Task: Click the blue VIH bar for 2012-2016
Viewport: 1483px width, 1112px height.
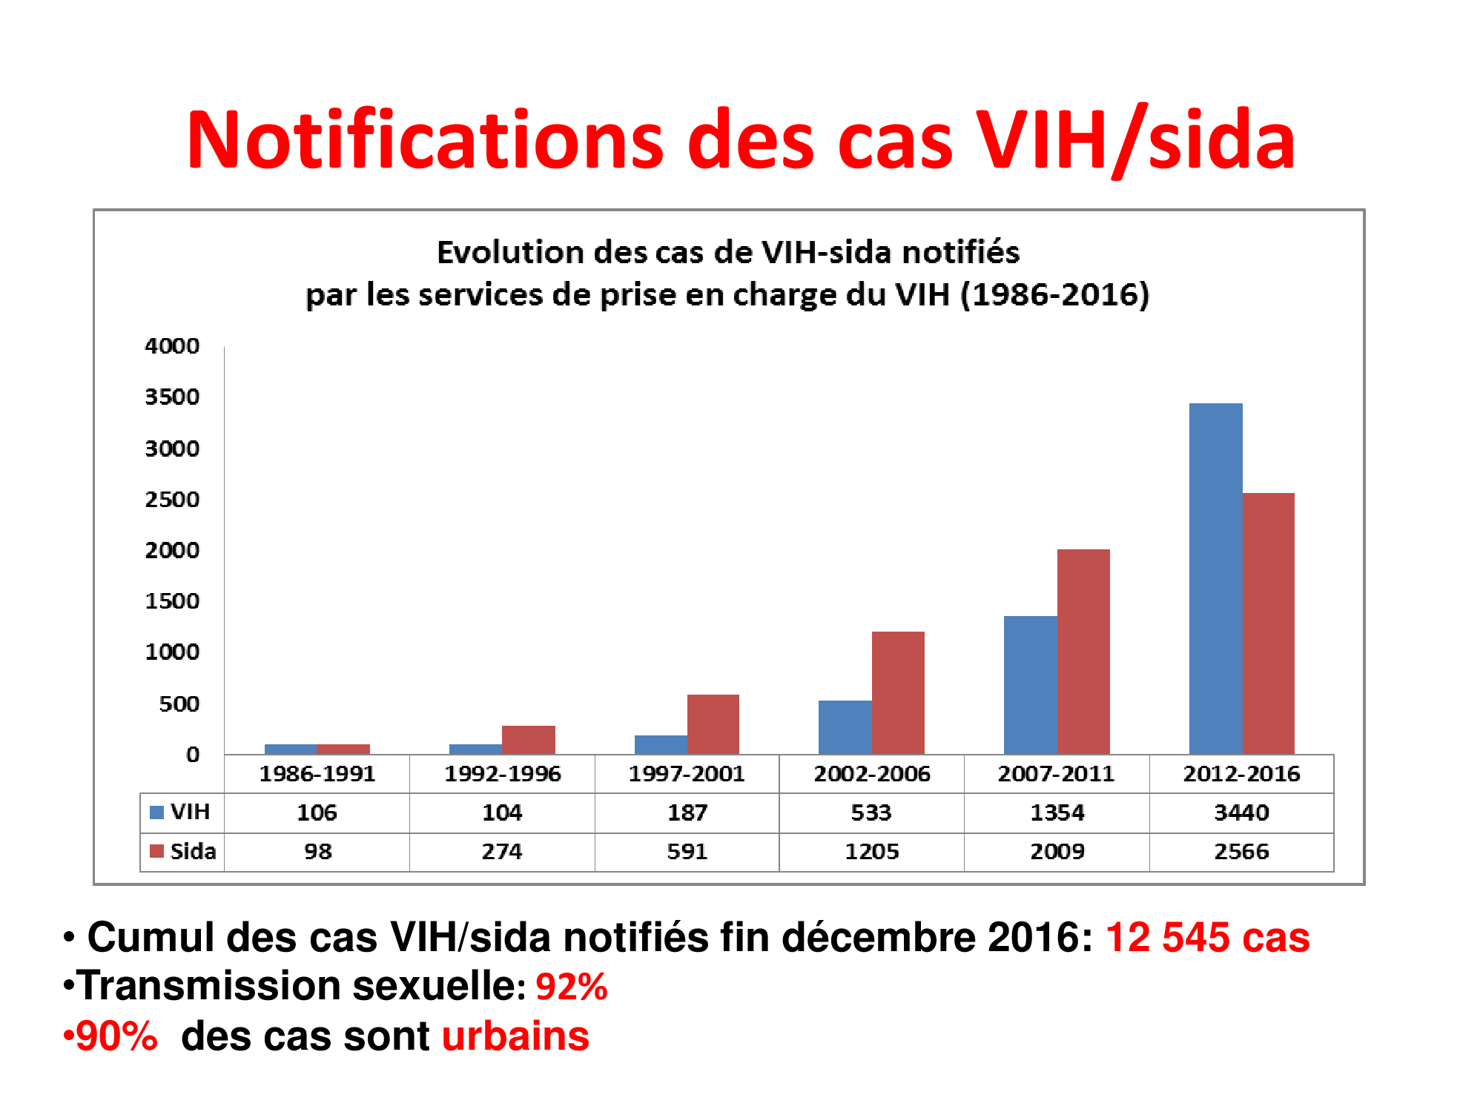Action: [x=1215, y=578]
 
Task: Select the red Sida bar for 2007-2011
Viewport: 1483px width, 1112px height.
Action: [x=1083, y=652]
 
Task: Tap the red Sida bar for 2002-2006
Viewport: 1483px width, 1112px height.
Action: [x=898, y=692]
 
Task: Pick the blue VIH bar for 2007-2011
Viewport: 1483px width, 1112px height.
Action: [x=1030, y=685]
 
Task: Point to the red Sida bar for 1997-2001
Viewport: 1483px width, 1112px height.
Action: [x=713, y=724]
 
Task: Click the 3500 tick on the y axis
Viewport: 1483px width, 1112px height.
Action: [x=172, y=397]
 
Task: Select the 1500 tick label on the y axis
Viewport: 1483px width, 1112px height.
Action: [x=172, y=601]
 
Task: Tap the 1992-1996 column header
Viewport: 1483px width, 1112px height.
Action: [x=502, y=774]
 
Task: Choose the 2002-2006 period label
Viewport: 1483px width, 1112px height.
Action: [x=872, y=774]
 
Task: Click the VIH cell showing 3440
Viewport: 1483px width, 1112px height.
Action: [x=1241, y=813]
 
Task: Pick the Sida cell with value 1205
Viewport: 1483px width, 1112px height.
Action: [x=872, y=851]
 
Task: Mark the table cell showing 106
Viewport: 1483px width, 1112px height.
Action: [x=317, y=813]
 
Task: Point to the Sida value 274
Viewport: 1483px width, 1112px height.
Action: [x=502, y=851]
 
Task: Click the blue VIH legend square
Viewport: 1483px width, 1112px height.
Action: [x=156, y=813]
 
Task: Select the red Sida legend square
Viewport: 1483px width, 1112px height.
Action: [x=156, y=851]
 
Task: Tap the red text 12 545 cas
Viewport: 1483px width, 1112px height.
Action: [x=1207, y=937]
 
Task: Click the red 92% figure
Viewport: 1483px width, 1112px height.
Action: [x=572, y=987]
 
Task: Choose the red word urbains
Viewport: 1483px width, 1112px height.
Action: [x=515, y=1036]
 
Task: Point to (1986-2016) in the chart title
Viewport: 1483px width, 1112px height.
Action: [x=1054, y=295]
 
